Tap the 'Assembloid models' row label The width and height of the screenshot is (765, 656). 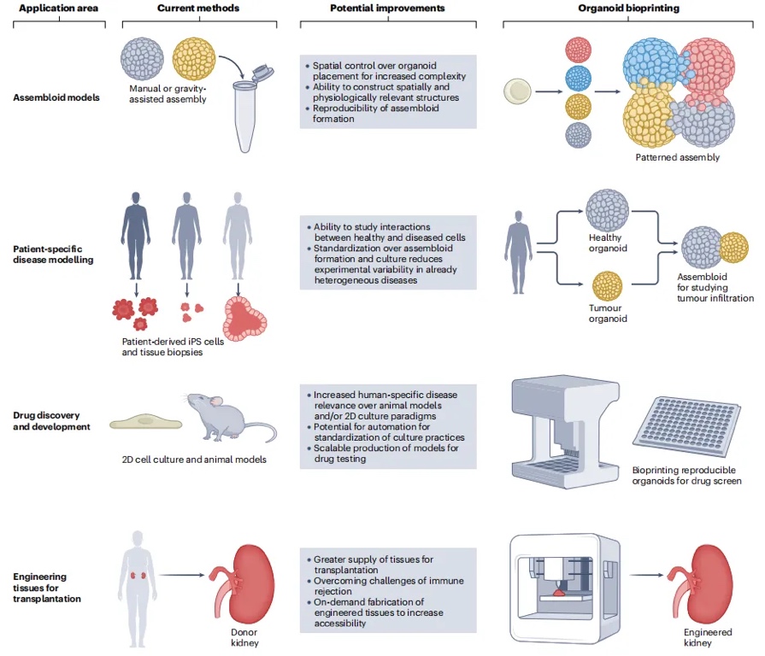pyautogui.click(x=56, y=97)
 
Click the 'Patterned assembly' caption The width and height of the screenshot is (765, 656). pyautogui.click(x=677, y=157)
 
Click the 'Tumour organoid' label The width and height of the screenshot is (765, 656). pyautogui.click(x=608, y=313)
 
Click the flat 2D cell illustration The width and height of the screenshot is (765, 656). pyautogui.click(x=147, y=422)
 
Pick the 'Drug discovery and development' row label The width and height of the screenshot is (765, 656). pyautogui.click(x=51, y=420)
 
